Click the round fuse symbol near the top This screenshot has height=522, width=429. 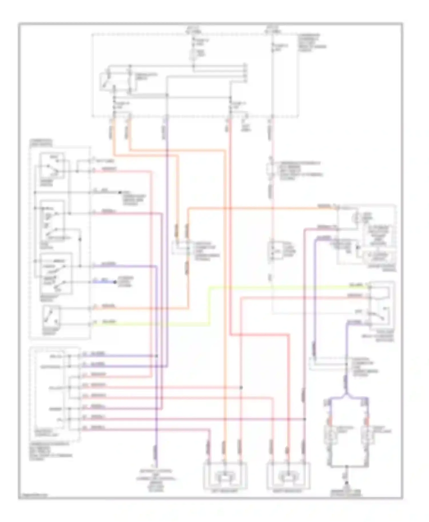pos(193,54)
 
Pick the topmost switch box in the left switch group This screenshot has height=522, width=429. pos(52,166)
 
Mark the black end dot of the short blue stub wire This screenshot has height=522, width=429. pos(115,282)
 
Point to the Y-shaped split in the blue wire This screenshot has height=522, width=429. pos(347,396)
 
